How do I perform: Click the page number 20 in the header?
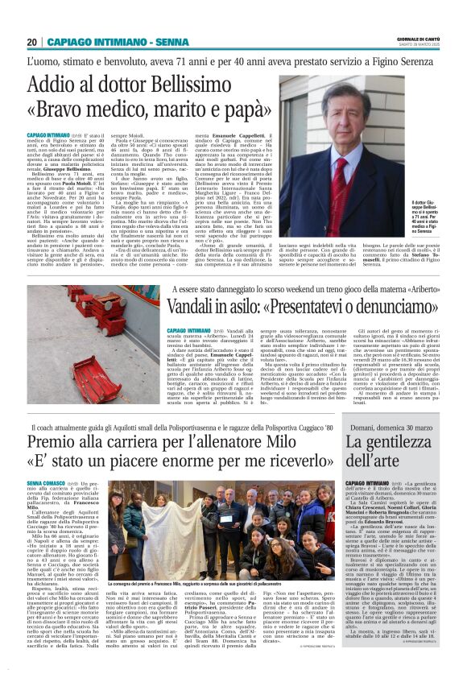pyautogui.click(x=32, y=41)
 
